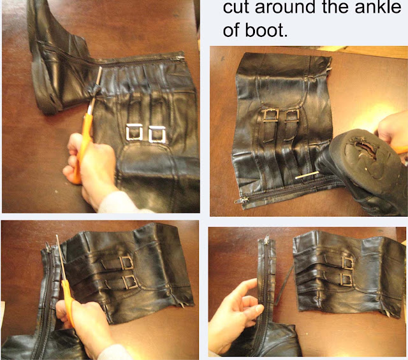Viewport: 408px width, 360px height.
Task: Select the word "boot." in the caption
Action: click(x=266, y=30)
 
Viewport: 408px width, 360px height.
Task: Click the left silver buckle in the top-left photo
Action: click(x=135, y=132)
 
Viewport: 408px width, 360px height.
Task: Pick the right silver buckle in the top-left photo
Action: click(x=157, y=134)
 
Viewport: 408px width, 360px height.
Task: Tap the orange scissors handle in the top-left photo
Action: click(x=82, y=146)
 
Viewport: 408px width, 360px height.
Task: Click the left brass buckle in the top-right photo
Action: click(x=270, y=116)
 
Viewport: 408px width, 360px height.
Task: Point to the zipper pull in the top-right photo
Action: click(x=240, y=201)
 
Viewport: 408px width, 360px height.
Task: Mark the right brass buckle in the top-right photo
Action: click(x=293, y=115)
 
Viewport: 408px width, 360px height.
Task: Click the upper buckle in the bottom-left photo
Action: click(x=126, y=263)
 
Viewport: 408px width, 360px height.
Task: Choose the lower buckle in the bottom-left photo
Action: click(x=129, y=282)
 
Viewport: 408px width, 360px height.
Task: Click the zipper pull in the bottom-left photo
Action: click(x=47, y=247)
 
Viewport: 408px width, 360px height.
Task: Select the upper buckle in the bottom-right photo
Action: click(x=347, y=263)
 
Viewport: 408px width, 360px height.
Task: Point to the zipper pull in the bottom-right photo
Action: click(x=266, y=240)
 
